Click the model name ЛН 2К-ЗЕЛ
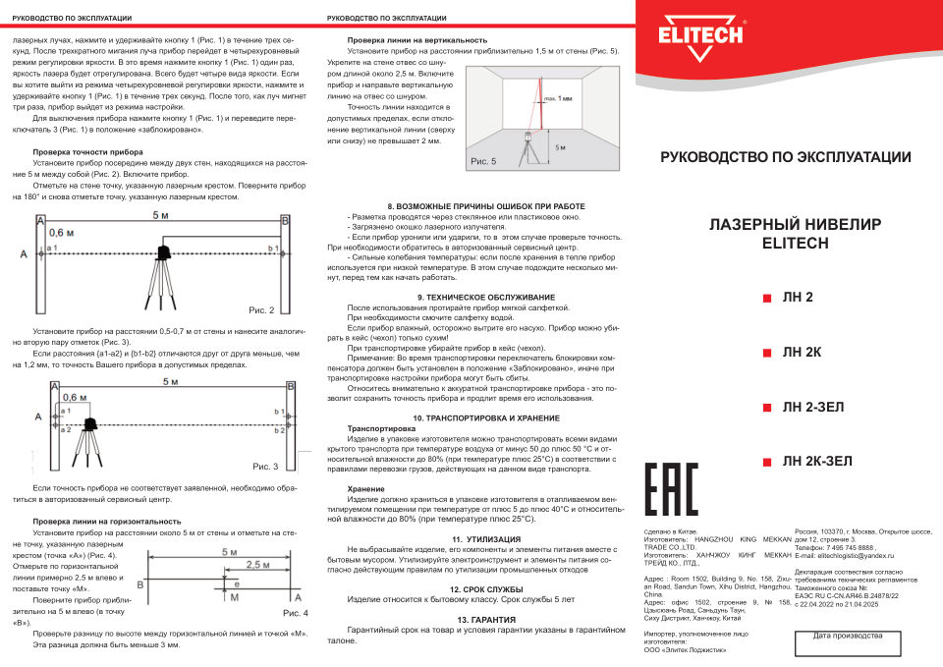pos(817,461)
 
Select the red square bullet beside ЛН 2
pos(767,298)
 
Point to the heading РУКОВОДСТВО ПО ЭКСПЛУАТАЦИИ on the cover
pos(785,157)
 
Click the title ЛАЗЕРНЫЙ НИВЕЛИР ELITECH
pos(794,235)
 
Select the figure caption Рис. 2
pos(262,310)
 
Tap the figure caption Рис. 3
pos(265,466)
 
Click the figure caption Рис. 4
pos(296,613)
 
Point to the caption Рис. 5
pos(483,160)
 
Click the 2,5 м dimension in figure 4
pos(257,565)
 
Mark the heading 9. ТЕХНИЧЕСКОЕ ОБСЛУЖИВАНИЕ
pos(485,297)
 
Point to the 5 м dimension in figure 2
pos(159,215)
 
